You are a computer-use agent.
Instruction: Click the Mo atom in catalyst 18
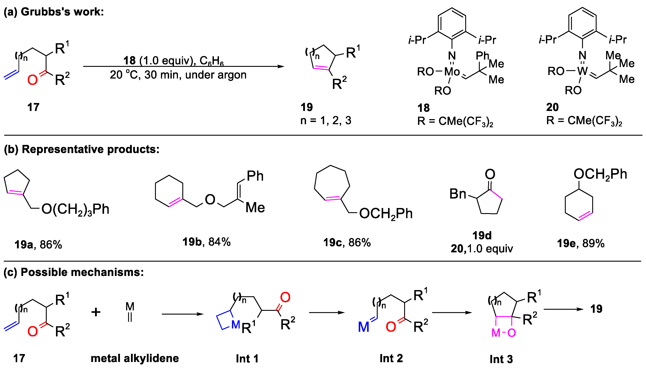pyautogui.click(x=452, y=71)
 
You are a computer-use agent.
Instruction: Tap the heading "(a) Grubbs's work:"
pyautogui.click(x=54, y=12)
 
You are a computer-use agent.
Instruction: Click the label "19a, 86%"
pyautogui.click(x=38, y=244)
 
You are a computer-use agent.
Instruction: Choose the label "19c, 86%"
pyautogui.click(x=347, y=242)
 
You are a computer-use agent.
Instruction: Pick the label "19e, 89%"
pyautogui.click(x=581, y=243)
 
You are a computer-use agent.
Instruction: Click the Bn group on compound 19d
pyautogui.click(x=457, y=194)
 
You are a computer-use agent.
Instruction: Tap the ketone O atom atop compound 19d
pyautogui.click(x=490, y=174)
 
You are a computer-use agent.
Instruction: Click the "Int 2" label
pyautogui.click(x=391, y=358)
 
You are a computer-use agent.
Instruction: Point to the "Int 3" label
pyautogui.click(x=501, y=359)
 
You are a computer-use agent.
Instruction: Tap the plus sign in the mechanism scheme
pyautogui.click(x=96, y=312)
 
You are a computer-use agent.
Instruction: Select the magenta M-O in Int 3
pyautogui.click(x=504, y=333)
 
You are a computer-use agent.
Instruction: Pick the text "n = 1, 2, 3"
pyautogui.click(x=326, y=120)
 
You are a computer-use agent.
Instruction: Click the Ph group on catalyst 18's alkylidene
pyautogui.click(x=482, y=55)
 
